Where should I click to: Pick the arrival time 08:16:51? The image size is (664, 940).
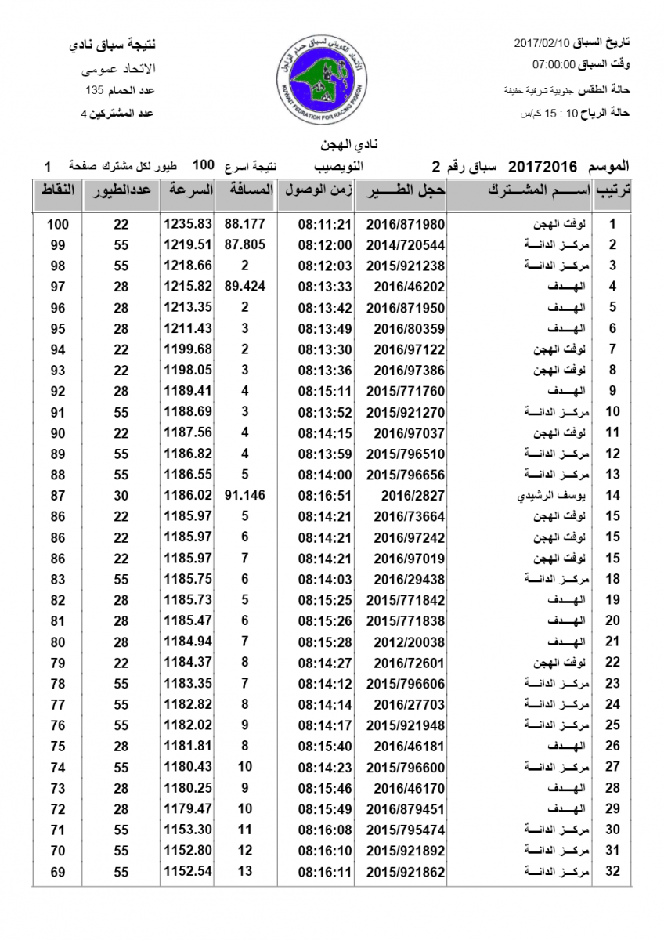tap(326, 495)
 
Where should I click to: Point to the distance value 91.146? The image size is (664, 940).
tap(245, 495)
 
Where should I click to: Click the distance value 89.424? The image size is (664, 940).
tap(245, 286)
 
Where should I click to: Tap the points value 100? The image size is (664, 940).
tap(57, 224)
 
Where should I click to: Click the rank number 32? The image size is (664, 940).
tap(613, 871)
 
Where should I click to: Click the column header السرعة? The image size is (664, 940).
tap(187, 190)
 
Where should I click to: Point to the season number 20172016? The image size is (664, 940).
tap(543, 166)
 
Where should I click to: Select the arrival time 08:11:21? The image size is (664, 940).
tap(326, 224)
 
